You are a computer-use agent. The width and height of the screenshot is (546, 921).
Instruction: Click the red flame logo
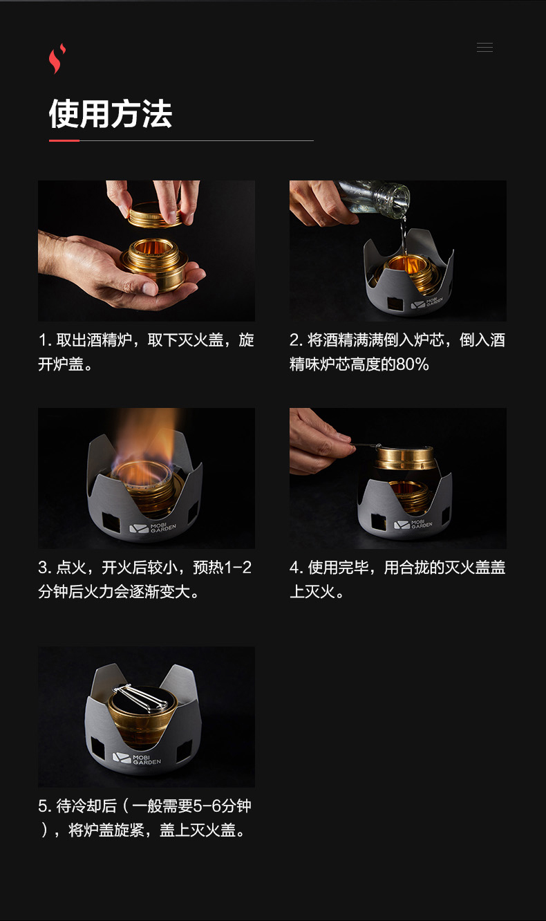tap(57, 58)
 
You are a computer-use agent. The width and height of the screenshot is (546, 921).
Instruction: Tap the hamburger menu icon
tap(484, 47)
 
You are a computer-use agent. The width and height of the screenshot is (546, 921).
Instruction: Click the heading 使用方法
tap(111, 113)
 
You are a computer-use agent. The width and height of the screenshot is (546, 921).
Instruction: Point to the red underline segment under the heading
tap(64, 140)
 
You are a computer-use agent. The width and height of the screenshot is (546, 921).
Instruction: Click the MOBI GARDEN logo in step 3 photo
tap(153, 528)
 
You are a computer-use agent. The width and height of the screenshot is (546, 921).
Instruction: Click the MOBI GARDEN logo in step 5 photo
tap(137, 759)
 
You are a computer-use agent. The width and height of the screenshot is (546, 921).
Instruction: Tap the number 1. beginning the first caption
tap(44, 340)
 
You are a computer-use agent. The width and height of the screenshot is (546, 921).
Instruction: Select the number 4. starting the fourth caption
tap(296, 568)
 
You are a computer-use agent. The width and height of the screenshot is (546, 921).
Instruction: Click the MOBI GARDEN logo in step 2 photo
tap(427, 303)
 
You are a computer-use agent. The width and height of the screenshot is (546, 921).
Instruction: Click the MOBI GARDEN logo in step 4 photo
tap(413, 524)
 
